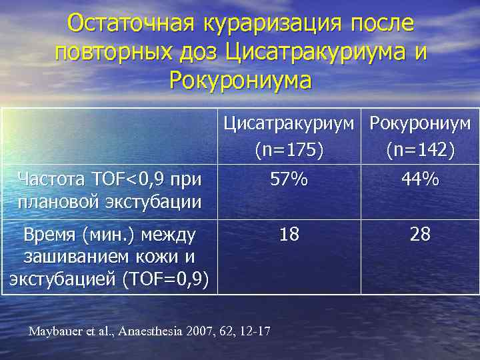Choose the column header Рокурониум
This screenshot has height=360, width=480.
tap(420, 123)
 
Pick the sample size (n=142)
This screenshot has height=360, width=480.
tap(420, 151)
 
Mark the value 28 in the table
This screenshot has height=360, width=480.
tap(420, 235)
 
